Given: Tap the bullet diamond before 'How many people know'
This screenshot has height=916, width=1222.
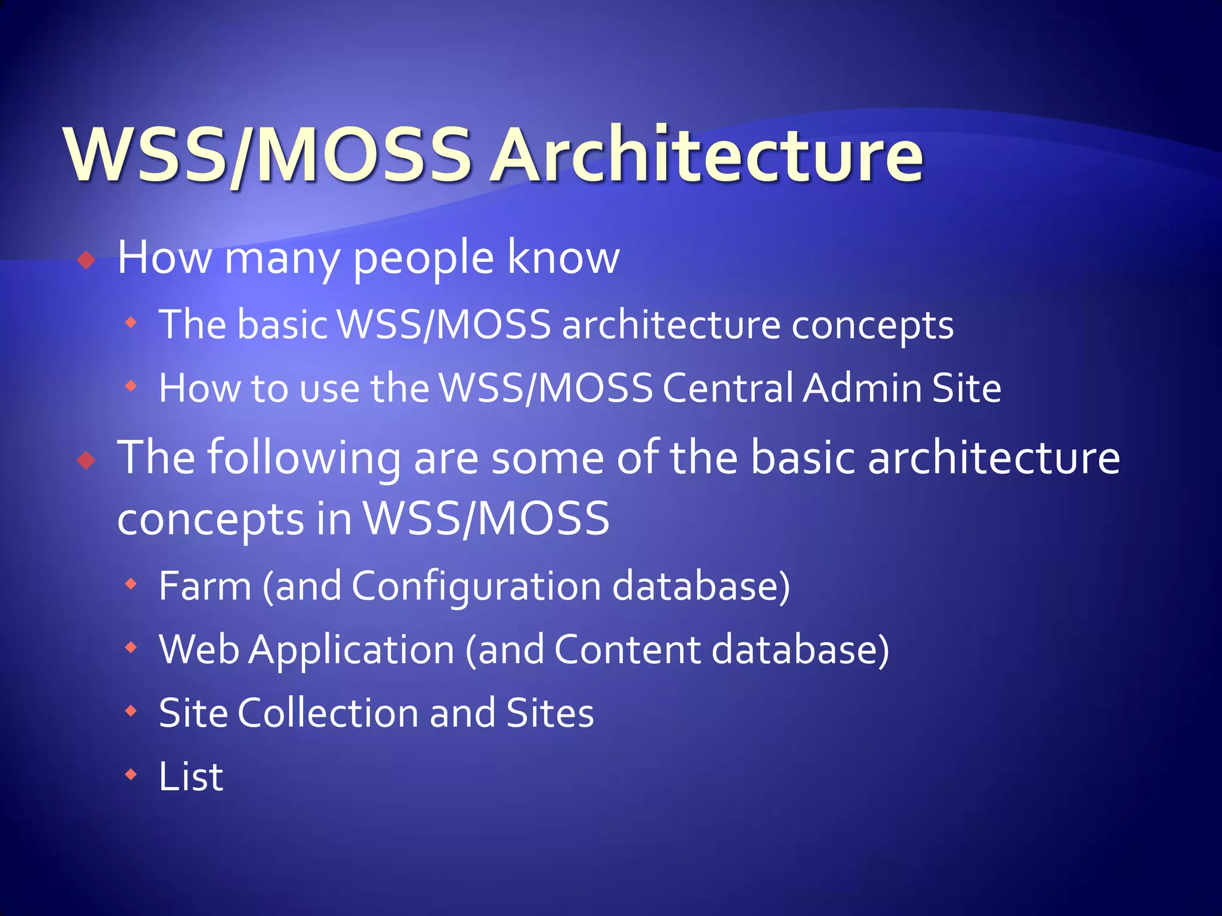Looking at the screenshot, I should (x=87, y=260).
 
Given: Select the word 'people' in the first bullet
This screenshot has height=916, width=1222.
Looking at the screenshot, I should (x=424, y=260).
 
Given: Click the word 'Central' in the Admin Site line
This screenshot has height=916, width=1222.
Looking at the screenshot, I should (x=727, y=389).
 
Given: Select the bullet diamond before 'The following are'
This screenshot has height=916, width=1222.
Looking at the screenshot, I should (x=87, y=460).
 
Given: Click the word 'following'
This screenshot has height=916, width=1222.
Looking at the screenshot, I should (x=304, y=458).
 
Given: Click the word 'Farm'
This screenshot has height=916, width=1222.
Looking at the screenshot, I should (x=205, y=587).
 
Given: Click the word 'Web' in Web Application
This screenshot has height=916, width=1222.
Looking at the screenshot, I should (x=199, y=650).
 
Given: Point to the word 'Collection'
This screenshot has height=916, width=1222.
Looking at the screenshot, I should (x=328, y=713).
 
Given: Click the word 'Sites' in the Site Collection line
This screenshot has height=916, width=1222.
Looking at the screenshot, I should (x=550, y=713).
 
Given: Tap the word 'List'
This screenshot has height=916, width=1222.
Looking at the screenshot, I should (x=191, y=776).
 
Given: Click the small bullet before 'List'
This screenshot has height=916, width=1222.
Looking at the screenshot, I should (x=131, y=775).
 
